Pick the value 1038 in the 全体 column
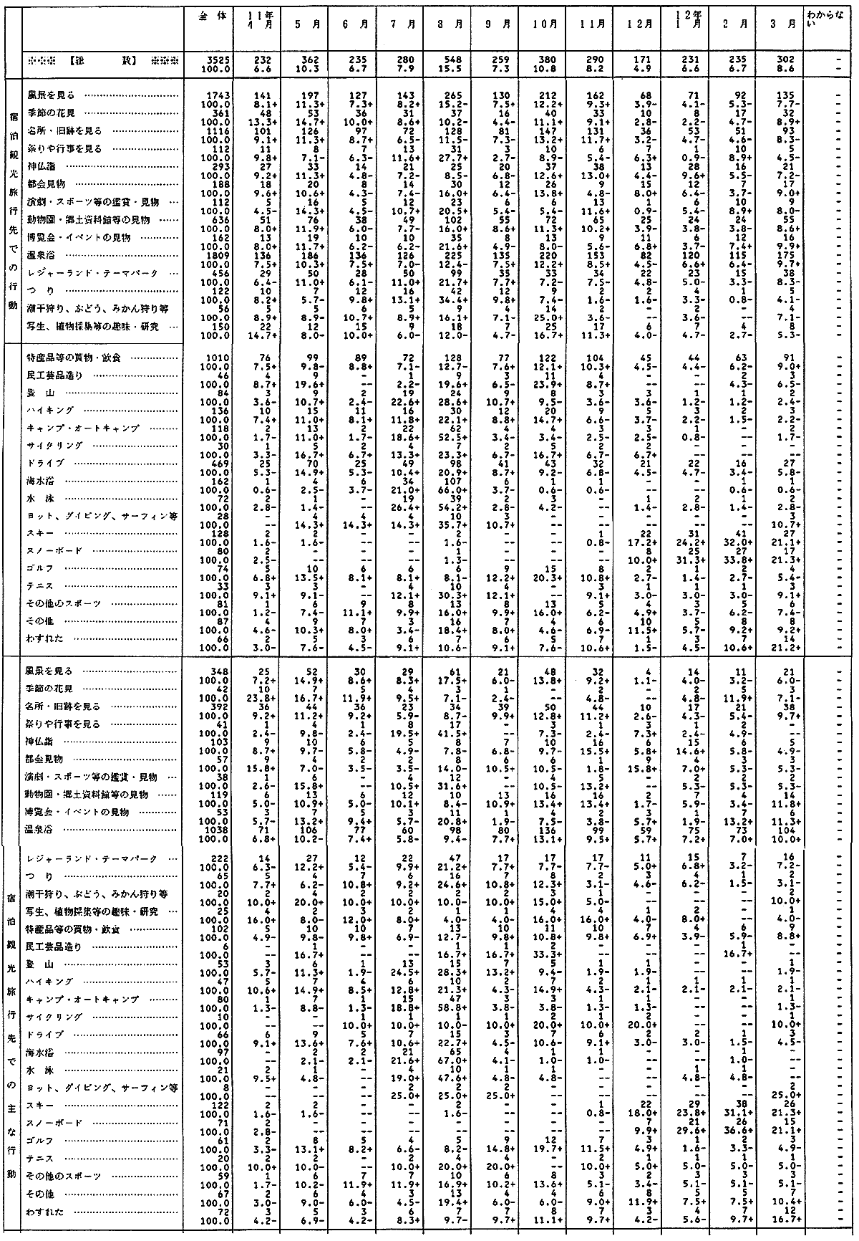pyautogui.click(x=215, y=828)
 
